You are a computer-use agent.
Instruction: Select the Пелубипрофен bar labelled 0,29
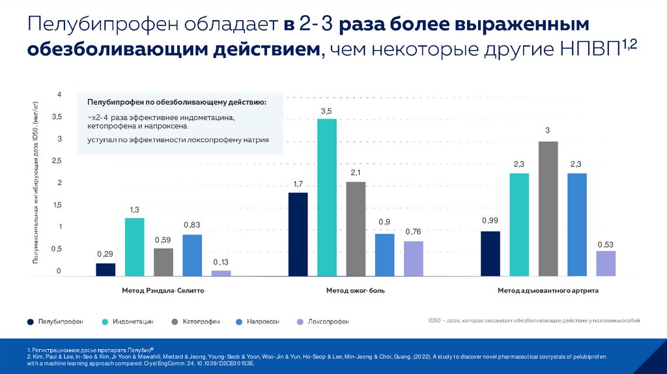pos(106,270)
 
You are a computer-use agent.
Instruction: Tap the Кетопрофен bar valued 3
pos(548,209)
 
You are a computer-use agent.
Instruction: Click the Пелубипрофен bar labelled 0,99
pos(490,254)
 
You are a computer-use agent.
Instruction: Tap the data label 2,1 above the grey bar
pos(356,173)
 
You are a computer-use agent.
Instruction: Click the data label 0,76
pos(413,232)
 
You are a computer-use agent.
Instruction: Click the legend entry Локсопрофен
pos(328,322)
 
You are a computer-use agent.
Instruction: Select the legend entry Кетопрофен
pos(200,322)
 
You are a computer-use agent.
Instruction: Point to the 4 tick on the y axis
pos(59,95)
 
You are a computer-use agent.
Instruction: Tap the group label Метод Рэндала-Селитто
pos(163,291)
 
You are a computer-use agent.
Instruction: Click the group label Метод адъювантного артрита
pos(548,291)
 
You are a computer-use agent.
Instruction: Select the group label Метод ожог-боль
pos(356,291)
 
